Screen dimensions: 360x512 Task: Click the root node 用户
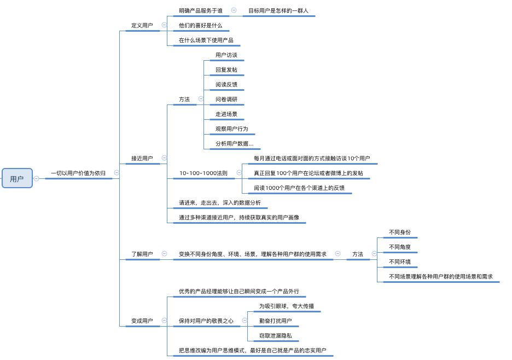point(17,178)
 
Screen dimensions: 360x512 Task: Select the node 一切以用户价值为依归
point(78,173)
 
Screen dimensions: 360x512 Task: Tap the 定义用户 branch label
point(142,26)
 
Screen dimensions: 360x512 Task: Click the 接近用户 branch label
point(142,159)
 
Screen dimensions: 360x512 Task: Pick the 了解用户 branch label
point(142,254)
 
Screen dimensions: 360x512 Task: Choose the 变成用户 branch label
point(142,321)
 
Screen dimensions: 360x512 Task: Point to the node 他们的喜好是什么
point(201,25)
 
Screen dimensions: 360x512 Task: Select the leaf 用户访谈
point(226,55)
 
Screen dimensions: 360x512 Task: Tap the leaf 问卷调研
point(226,100)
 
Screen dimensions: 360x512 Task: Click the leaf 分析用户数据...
point(234,144)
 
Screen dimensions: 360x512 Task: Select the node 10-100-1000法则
point(203,173)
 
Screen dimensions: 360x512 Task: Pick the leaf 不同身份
point(399,232)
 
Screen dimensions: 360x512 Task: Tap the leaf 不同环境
point(399,262)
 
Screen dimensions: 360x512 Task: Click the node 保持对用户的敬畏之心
point(206,321)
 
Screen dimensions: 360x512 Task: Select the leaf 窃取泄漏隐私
point(276,336)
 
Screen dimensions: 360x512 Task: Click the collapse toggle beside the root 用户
point(36,178)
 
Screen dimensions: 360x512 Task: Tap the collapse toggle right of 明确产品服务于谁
point(234,10)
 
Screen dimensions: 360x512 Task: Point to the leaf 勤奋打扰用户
point(276,321)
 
